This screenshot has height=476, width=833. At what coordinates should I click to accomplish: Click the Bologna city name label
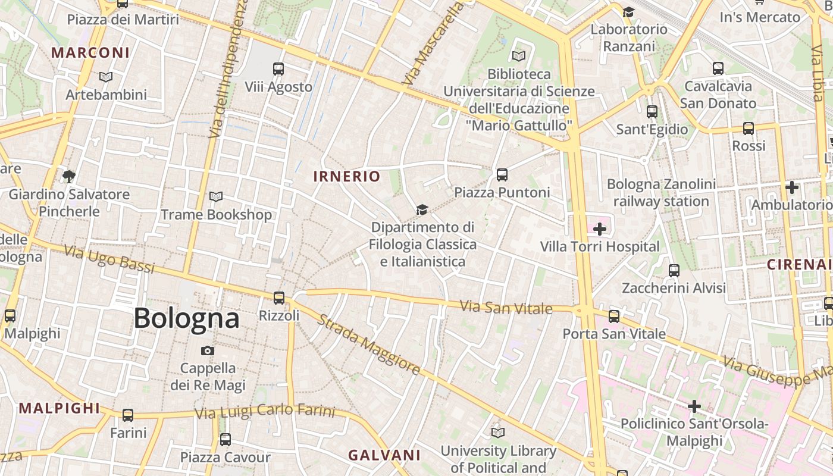tap(186, 318)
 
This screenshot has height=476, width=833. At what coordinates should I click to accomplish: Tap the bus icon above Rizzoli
tap(278, 297)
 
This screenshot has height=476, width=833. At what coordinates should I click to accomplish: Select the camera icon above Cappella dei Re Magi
tap(207, 350)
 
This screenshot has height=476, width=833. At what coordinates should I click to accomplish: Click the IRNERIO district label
tap(346, 176)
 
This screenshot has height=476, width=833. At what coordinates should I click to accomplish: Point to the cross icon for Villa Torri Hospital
tap(599, 229)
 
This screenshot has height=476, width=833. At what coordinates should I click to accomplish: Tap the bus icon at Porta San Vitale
tap(614, 316)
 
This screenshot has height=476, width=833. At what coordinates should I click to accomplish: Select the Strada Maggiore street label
tap(369, 345)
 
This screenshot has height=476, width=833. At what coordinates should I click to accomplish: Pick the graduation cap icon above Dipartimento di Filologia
tap(422, 209)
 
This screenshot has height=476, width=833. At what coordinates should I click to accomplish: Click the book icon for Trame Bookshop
tap(216, 196)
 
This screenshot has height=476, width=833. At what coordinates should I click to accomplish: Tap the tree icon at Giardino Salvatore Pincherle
tap(69, 176)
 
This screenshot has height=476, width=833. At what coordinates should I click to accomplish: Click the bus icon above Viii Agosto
tap(278, 68)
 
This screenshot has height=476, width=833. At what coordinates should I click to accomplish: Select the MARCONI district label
tap(90, 52)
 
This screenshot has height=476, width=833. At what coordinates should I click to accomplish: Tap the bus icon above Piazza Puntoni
tap(502, 174)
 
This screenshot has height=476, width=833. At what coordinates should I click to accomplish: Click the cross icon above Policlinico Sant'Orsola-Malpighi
tap(694, 406)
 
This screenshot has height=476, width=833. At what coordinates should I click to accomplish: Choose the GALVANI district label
tap(384, 455)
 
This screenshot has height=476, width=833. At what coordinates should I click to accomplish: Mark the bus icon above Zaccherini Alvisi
tap(674, 270)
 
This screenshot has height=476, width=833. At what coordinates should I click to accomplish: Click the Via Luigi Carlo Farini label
tap(265, 411)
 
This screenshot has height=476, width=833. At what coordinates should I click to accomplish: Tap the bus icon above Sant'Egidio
tap(652, 111)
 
